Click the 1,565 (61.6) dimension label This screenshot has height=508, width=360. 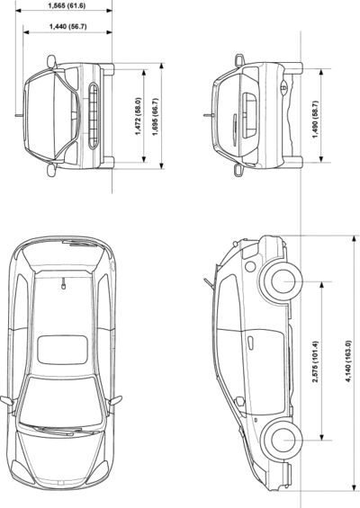pyautogui.click(x=67, y=5)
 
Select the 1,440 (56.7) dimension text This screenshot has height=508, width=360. pyautogui.click(x=67, y=26)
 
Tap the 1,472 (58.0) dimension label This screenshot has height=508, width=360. pyautogui.click(x=139, y=116)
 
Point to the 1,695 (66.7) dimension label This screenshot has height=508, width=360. pyautogui.click(x=155, y=116)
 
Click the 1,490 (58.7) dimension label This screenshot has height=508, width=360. pyautogui.click(x=315, y=120)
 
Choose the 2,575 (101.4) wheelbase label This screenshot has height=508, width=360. pyautogui.click(x=315, y=361)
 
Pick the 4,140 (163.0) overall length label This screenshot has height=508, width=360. pyautogui.click(x=348, y=361)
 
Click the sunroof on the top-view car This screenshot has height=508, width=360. pyautogui.click(x=62, y=350)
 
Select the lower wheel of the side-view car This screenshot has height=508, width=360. pyautogui.click(x=282, y=440)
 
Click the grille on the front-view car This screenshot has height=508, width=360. pyautogui.click(x=93, y=116)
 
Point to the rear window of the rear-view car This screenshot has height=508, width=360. pyautogui.click(x=249, y=116)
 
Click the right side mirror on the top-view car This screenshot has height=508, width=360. pyautogui.click(x=115, y=400)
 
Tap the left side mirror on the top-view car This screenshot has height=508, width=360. pyautogui.click(x=7, y=400)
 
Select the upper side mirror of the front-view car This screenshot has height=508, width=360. pyautogui.click(x=51, y=60)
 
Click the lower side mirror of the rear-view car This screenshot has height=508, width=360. pyautogui.click(x=239, y=170)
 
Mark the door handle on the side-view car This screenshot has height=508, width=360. pyautogui.click(x=251, y=343)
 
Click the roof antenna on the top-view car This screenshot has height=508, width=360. pyautogui.click(x=63, y=284)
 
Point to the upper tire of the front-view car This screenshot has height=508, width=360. pyautogui.click(x=108, y=69)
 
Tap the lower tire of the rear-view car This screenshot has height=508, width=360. pyautogui.click(x=293, y=163)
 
